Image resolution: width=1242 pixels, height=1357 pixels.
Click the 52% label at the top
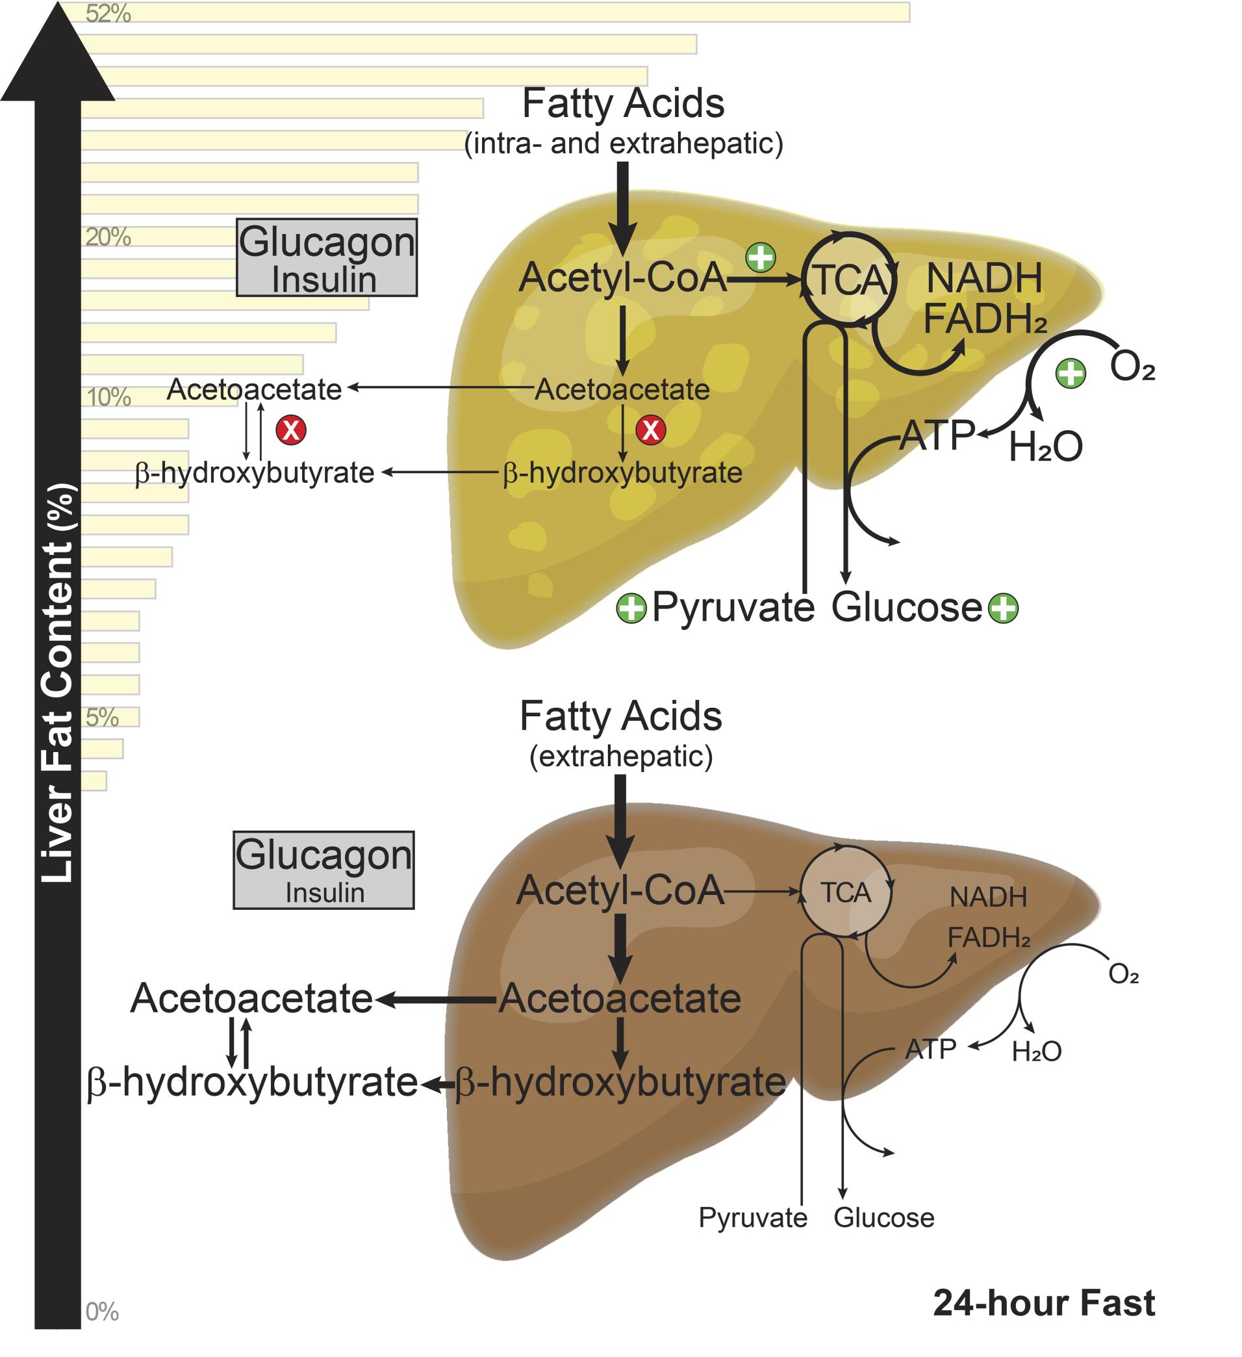pos(108,14)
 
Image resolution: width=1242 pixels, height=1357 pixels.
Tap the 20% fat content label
pos(108,237)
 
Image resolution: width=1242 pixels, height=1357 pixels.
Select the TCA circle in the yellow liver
pos(849,279)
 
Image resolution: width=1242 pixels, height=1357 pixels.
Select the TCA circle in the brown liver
pos(846,892)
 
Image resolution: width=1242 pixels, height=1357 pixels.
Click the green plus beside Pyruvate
pos(631,608)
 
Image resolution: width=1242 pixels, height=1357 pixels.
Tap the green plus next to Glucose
pos(1003,608)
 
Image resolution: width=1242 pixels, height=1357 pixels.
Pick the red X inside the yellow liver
pos(651,430)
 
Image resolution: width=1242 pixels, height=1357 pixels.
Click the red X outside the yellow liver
pos(290,430)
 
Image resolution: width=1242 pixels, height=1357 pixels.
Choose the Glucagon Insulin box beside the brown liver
pos(323,870)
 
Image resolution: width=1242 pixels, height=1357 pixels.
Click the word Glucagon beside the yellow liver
pos(327,242)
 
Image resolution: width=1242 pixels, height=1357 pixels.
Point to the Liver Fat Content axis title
pos(57,683)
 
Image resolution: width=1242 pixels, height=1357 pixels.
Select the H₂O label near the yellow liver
pos(1045,446)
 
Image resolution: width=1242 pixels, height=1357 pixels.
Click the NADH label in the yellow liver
pos(984,279)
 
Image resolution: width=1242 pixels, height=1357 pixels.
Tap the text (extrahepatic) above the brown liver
pos(620,756)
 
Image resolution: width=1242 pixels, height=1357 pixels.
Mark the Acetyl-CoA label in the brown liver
pos(620,890)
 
